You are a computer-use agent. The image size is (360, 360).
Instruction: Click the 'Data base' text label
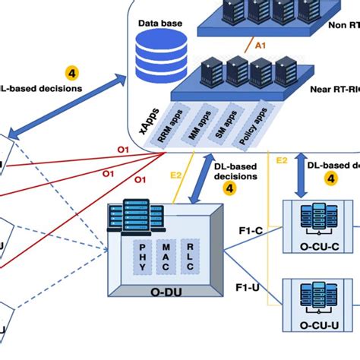pos(159,24)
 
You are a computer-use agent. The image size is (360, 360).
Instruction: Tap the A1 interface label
pos(261,45)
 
